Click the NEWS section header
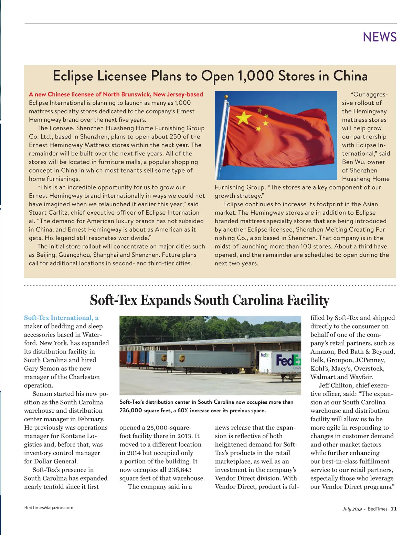pos(380,37)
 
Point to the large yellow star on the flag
pos(244,118)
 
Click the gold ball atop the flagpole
pos(226,97)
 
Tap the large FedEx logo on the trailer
pos(288,360)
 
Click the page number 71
pos(394,509)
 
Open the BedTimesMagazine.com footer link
pos(49,507)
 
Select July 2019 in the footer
pos(352,509)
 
